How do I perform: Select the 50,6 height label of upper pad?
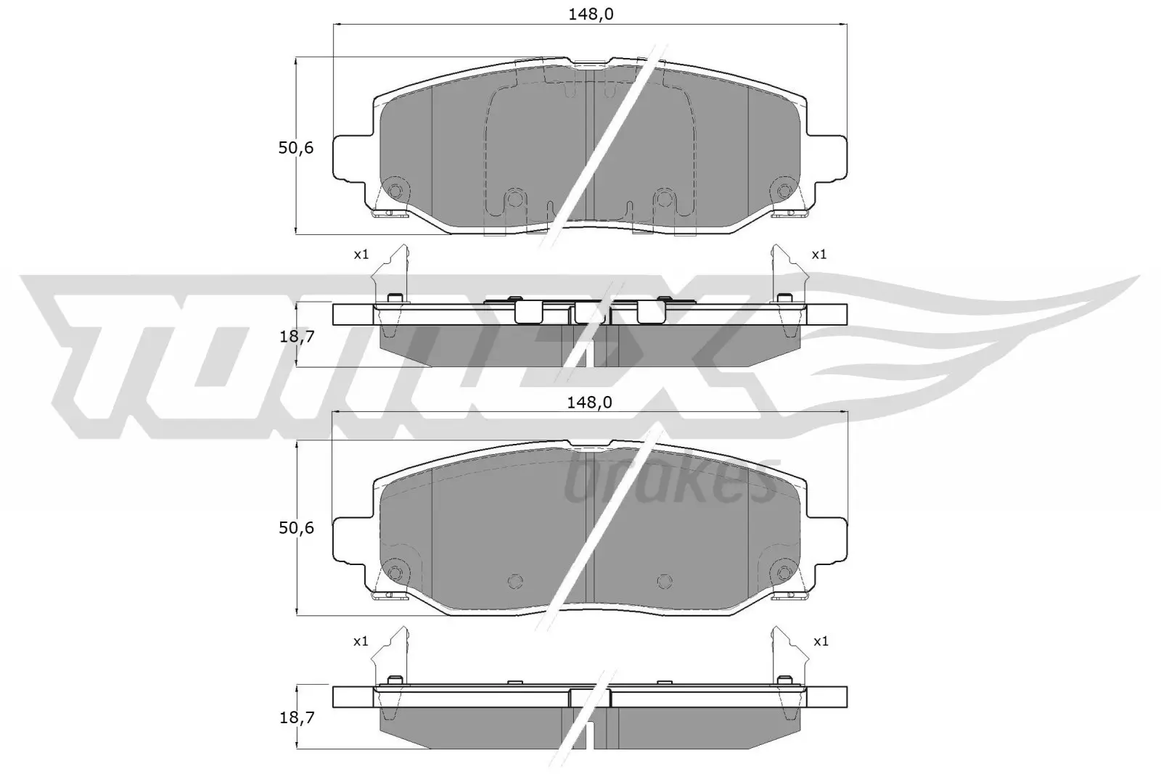pyautogui.click(x=296, y=148)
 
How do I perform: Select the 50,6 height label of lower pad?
pyautogui.click(x=296, y=528)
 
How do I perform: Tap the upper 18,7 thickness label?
pyautogui.click(x=296, y=336)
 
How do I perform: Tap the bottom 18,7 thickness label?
pyautogui.click(x=296, y=718)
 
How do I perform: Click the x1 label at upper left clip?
pyautogui.click(x=361, y=255)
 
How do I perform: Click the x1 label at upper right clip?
pyautogui.click(x=819, y=255)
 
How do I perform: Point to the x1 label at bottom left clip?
pyautogui.click(x=361, y=641)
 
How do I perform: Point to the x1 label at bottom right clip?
pyautogui.click(x=821, y=641)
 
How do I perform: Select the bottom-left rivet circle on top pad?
pyautogui.click(x=395, y=192)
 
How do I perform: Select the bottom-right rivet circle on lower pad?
pyautogui.click(x=783, y=573)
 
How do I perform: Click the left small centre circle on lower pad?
pyautogui.click(x=514, y=580)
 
